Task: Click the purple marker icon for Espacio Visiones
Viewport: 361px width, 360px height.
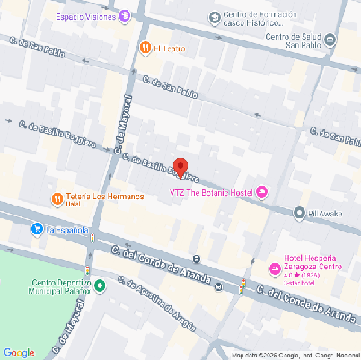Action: coord(125,16)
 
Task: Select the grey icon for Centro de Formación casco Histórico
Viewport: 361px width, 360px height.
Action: coord(214,18)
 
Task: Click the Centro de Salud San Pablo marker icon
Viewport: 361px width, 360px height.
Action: coord(330,40)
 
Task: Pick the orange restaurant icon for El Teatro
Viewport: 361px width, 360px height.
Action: coord(145,48)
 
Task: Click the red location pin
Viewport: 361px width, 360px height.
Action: coord(180,168)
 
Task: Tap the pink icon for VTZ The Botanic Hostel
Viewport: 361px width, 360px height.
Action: coord(262,191)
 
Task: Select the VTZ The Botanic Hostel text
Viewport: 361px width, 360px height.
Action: coord(212,191)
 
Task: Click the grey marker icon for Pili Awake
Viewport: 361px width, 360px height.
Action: coord(300,213)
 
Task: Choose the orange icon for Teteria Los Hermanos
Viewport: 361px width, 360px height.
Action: coord(57,198)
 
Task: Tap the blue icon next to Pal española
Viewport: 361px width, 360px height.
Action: coord(36,230)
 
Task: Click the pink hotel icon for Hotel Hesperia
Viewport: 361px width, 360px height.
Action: coord(277,268)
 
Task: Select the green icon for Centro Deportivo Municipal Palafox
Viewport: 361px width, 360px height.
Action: coord(100,286)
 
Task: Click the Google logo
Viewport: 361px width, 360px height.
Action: coord(19,352)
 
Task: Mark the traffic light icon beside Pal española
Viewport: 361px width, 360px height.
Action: coord(91,238)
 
